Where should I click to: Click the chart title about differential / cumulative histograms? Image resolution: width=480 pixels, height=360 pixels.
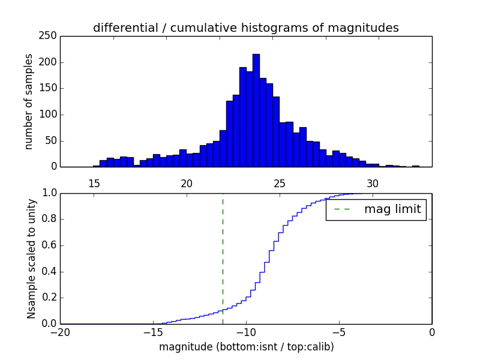[x=245, y=28]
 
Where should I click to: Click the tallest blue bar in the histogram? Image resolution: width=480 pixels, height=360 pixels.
[x=256, y=111]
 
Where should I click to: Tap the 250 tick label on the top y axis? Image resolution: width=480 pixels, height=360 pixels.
[x=49, y=36]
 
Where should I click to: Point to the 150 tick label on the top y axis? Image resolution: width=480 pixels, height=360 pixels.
[x=49, y=88]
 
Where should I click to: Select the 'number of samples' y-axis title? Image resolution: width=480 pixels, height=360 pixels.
[x=29, y=101]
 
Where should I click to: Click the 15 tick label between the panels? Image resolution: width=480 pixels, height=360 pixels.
[x=94, y=184]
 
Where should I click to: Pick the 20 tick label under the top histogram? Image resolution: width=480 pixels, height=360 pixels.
[x=187, y=184]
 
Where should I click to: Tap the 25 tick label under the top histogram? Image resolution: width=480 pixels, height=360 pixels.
[x=280, y=184]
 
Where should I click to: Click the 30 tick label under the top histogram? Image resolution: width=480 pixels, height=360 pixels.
[x=373, y=184]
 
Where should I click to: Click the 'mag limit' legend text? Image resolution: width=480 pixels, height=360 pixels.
[x=392, y=209]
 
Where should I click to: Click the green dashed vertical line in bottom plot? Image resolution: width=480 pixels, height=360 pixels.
[x=223, y=258]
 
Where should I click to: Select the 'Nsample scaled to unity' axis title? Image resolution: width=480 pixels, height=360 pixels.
[x=31, y=259]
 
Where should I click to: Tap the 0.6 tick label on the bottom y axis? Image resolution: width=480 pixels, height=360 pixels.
[x=49, y=245]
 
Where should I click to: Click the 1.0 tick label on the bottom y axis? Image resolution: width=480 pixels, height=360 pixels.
[x=49, y=193]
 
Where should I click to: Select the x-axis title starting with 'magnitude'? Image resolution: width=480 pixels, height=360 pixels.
[x=246, y=347]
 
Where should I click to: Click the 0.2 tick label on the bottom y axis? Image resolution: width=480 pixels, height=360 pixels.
[x=49, y=298]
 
